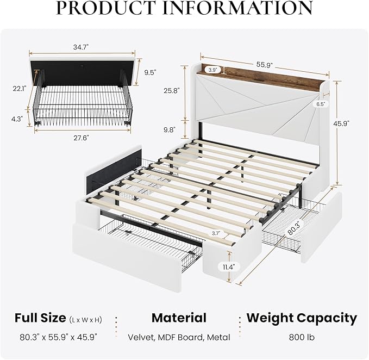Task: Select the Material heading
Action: click(179, 318)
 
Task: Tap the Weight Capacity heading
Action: click(302, 318)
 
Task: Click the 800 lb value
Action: click(302, 337)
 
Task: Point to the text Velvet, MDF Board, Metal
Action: click(179, 337)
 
